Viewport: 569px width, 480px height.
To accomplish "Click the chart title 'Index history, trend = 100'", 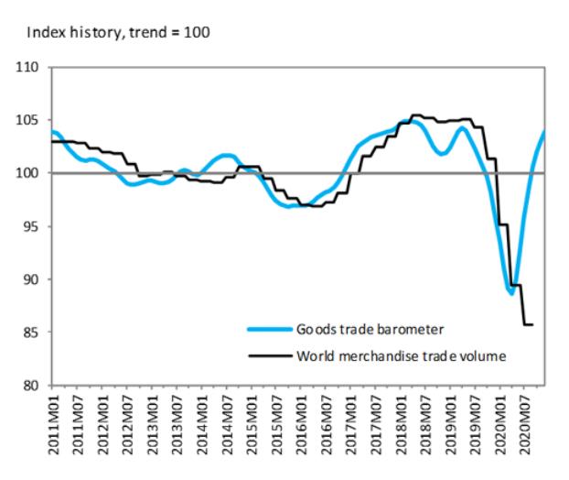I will (x=119, y=33).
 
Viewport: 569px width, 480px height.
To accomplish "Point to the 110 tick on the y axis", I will (x=31, y=68).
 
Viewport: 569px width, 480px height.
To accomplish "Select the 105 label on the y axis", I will (x=31, y=121).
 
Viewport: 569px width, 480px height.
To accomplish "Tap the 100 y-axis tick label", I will (x=31, y=173).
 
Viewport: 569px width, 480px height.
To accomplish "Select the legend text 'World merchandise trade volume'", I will (x=399, y=355).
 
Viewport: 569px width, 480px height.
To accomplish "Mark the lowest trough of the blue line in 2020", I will (x=511, y=293).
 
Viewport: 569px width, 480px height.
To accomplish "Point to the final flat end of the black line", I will (x=528, y=325).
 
